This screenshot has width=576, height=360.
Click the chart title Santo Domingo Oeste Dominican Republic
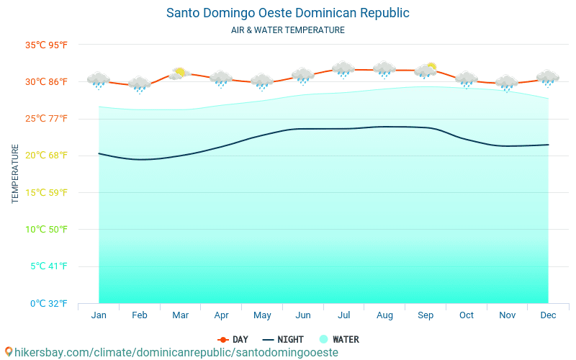287,13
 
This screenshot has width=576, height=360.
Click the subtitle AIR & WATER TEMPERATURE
287,30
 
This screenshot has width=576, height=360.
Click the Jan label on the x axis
99,315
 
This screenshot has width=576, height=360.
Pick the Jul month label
343,315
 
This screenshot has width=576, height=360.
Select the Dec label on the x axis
548,315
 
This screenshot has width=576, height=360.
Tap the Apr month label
221,315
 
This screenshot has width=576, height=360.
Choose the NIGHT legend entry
283,339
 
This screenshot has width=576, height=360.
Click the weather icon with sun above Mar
179,73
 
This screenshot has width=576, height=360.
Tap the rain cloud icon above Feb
139,84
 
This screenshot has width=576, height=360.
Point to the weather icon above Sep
426,71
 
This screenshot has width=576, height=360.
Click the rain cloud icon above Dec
548,78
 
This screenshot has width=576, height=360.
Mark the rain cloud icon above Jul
343,69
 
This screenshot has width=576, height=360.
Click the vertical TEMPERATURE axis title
15,174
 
